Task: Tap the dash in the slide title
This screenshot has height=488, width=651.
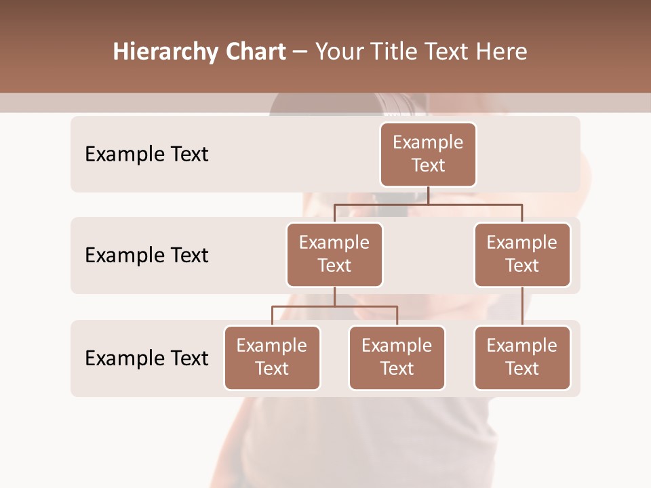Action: pos(300,52)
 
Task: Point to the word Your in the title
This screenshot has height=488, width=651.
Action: pos(340,52)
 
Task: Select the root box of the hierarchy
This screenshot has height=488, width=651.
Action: pos(428,154)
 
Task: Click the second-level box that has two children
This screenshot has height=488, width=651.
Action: pos(334,254)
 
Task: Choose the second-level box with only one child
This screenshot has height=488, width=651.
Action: pos(522,254)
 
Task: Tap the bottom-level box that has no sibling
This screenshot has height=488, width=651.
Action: pos(522,357)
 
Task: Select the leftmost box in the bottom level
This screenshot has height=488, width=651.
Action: pos(272,357)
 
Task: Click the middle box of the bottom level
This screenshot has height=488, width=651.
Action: pos(397,357)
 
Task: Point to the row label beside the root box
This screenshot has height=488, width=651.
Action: pos(146,154)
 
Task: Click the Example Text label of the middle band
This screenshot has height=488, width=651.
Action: pos(146,255)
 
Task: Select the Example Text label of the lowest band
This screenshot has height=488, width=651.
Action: pos(146,358)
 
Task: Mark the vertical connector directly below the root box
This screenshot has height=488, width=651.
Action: pos(428,195)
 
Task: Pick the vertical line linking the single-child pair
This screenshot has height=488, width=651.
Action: pos(522,306)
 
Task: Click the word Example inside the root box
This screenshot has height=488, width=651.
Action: pos(428,142)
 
